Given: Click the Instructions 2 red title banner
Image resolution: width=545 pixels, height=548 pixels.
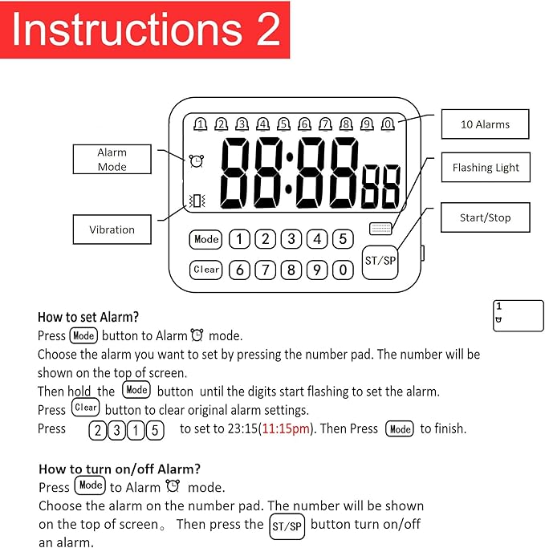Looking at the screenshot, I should [x=145, y=30].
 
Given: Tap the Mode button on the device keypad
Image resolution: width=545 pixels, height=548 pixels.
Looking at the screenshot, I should [x=206, y=239].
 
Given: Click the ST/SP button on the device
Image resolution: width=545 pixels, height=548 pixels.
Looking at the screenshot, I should [x=380, y=262].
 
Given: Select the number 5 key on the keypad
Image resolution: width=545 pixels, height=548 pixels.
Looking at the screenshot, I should [x=343, y=239].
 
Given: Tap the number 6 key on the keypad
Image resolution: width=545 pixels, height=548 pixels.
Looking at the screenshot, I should [x=239, y=270].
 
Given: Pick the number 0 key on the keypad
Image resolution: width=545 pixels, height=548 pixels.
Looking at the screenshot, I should [x=343, y=270].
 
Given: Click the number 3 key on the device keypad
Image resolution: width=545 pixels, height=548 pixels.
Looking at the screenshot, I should [x=291, y=239].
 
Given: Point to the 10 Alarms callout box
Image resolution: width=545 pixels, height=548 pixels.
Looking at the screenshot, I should [x=485, y=124].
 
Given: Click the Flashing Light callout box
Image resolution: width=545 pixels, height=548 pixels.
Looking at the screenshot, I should [x=485, y=168].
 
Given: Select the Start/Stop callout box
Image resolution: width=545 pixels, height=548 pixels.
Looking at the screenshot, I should [x=485, y=217].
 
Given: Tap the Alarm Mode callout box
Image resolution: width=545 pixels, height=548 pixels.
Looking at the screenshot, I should [x=112, y=159].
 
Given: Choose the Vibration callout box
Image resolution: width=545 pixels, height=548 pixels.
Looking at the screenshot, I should [x=112, y=229].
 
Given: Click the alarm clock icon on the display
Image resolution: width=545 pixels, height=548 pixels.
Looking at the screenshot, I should [x=197, y=161].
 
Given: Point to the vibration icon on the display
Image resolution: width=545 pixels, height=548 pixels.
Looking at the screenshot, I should [x=196, y=201].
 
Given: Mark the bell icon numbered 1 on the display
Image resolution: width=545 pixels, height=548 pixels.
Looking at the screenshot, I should [x=200, y=124].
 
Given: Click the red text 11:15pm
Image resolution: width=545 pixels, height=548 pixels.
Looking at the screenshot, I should [x=287, y=428].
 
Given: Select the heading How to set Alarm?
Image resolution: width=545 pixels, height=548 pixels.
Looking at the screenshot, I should [x=88, y=317].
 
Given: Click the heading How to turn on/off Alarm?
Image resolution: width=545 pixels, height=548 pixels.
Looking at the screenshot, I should [x=120, y=469].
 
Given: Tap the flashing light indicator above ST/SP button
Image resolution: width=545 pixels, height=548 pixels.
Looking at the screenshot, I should [x=380, y=228].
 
